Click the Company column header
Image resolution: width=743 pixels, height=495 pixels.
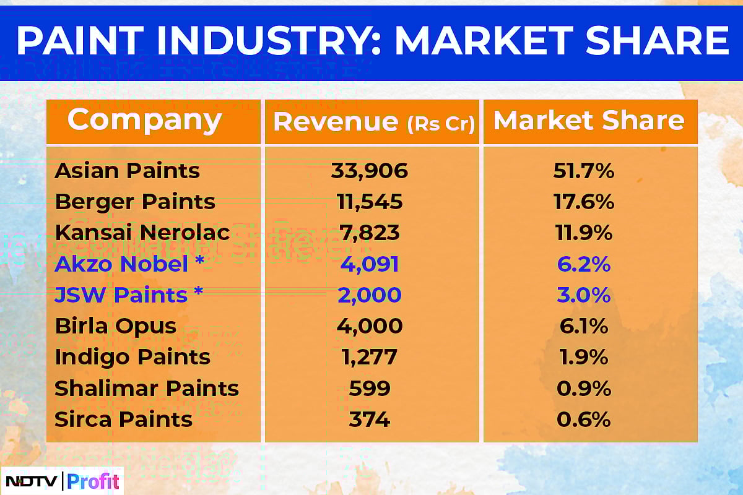144,119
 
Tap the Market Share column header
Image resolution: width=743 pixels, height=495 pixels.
589,121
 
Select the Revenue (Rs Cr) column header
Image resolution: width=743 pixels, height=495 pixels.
373,122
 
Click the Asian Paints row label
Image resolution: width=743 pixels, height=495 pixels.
127,171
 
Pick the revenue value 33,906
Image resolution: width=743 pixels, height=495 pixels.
370,171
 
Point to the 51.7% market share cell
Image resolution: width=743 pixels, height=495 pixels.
583,171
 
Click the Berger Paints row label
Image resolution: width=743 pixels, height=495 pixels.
135,202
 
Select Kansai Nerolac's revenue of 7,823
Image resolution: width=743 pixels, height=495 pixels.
370,233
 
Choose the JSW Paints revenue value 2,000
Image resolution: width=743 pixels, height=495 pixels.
370,295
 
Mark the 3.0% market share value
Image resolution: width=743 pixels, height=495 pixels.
583,295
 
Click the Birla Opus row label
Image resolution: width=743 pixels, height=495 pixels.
116,326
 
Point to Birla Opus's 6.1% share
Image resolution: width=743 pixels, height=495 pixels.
583,326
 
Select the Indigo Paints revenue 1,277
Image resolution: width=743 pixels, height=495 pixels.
370,357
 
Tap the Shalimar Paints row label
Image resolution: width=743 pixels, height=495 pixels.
147,389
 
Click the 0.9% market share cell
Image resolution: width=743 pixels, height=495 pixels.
583,389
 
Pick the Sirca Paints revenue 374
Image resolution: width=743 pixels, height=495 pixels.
370,420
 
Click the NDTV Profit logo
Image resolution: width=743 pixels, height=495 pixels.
62,481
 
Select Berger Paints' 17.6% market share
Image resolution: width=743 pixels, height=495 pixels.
583,202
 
